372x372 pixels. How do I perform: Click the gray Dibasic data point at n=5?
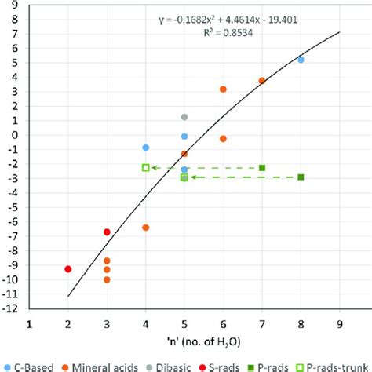pyautogui.click(x=184, y=117)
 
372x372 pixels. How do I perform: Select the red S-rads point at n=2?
pyautogui.click(x=68, y=269)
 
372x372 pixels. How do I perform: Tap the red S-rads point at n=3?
pyautogui.click(x=107, y=232)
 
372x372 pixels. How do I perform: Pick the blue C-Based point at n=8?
pyautogui.click(x=301, y=60)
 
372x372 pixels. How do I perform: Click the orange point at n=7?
pyautogui.click(x=262, y=81)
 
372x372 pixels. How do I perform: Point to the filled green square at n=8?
pyautogui.click(x=301, y=177)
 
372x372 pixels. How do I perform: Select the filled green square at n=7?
pyautogui.click(x=262, y=168)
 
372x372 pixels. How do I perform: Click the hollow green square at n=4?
pyautogui.click(x=146, y=167)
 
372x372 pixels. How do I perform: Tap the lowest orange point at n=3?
pyautogui.click(x=107, y=279)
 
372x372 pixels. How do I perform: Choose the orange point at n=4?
pyautogui.click(x=146, y=228)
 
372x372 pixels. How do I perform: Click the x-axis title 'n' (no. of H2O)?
pyautogui.click(x=184, y=342)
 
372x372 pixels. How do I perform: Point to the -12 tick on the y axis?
pyautogui.click(x=16, y=308)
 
